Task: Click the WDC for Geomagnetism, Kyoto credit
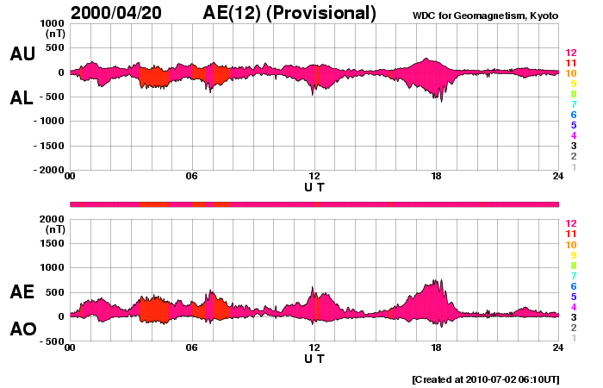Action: [x=488, y=16]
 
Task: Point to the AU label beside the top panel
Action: [x=22, y=54]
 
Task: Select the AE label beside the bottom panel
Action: [x=22, y=291]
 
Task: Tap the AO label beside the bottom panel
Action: [x=22, y=329]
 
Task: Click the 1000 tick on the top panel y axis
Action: [x=51, y=23]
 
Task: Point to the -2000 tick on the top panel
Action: [x=47, y=171]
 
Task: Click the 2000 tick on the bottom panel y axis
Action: [x=51, y=219]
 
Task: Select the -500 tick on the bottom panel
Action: [x=50, y=341]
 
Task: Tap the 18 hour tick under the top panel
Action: [x=436, y=177]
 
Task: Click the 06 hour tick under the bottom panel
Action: [x=191, y=348]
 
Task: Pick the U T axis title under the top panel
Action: [x=314, y=186]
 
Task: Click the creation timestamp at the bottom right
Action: [x=485, y=379]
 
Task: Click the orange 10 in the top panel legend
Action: [x=570, y=74]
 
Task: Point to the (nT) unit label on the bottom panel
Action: [x=54, y=230]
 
